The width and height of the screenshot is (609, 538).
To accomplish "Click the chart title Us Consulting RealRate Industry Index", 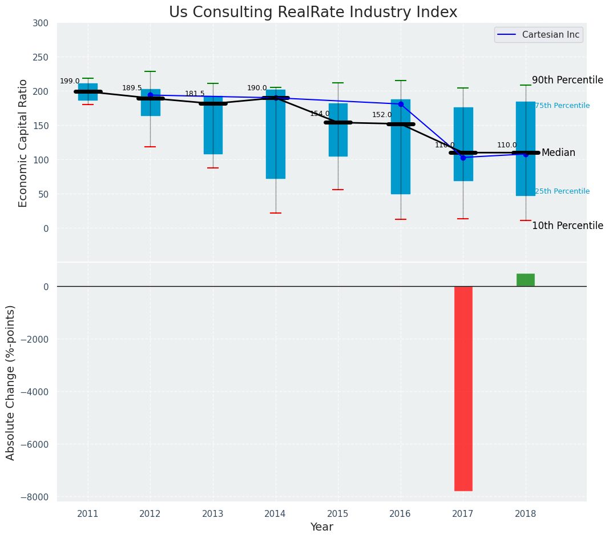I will click(x=313, y=13).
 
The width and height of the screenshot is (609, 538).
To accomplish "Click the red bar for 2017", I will click(x=463, y=388).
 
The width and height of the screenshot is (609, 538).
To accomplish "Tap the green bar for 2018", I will click(x=525, y=280).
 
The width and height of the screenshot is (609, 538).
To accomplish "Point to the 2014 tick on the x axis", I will click(x=275, y=513).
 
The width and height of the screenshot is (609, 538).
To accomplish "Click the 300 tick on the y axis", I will click(x=45, y=23).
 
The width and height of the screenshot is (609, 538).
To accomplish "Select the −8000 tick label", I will click(x=35, y=497).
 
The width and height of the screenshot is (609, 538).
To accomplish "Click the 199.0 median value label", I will click(x=70, y=82).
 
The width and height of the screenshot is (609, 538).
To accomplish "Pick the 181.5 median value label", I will click(x=195, y=94).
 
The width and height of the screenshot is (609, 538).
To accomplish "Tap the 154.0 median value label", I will click(x=320, y=114).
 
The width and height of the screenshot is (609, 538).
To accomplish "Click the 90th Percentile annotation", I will click(x=567, y=81).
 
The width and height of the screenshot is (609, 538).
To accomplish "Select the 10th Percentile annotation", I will click(x=567, y=226).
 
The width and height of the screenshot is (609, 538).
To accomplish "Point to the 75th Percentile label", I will click(x=562, y=106).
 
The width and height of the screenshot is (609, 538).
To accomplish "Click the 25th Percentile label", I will click(x=562, y=191).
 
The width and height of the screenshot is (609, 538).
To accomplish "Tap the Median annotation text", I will click(x=558, y=153).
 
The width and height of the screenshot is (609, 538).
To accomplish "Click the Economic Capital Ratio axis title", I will click(x=23, y=143).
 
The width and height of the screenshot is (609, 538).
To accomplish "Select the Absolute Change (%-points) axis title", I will click(x=11, y=382).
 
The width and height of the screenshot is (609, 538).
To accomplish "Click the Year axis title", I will click(x=321, y=527).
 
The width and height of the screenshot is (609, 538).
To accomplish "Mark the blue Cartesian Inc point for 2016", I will click(x=401, y=105).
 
